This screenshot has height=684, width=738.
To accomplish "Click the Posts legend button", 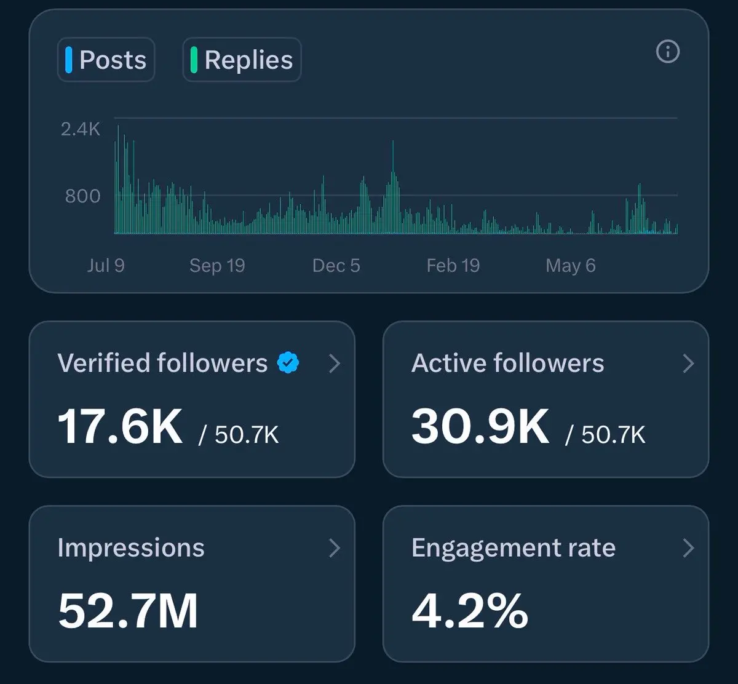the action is (106, 60).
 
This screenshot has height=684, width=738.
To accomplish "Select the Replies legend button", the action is (242, 60).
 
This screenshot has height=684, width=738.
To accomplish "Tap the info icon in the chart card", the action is (668, 52).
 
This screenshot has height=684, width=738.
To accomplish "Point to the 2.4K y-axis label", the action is (81, 129).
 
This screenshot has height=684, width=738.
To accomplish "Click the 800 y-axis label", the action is (82, 196).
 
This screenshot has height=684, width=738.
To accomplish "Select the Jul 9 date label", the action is (106, 266).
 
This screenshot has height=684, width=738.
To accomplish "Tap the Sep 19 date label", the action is (217, 266).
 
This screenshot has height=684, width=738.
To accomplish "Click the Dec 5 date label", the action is (336, 266).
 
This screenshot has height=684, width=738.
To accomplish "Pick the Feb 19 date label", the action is (453, 266).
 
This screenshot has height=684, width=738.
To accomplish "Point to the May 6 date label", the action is (571, 266).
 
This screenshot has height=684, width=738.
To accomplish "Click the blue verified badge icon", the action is (288, 362).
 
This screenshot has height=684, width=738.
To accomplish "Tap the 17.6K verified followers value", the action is (120, 426).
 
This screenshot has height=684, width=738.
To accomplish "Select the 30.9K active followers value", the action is (480, 426).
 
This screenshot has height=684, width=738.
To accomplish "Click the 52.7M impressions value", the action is (128, 611).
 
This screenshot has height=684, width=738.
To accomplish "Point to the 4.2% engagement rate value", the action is (470, 611).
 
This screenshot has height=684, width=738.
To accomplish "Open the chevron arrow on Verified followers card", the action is (335, 363).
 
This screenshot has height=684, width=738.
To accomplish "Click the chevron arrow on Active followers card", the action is (689, 363).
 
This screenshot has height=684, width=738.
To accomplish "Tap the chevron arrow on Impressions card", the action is (335, 548).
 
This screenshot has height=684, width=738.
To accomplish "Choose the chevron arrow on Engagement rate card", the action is (689, 548).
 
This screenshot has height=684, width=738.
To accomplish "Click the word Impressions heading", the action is (131, 548).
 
